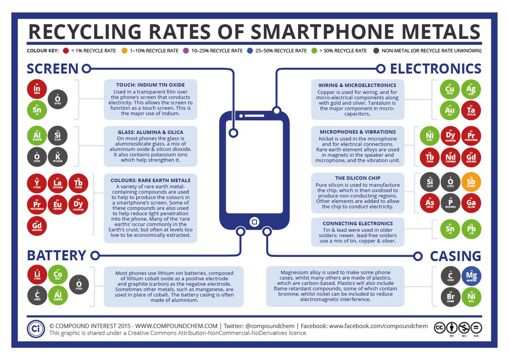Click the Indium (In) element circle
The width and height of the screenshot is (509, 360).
(x=36, y=90)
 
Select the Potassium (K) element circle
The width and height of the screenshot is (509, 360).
(x=57, y=157)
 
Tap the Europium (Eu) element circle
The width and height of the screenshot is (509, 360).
(x=57, y=205)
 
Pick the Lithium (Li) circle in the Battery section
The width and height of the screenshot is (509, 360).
(x=36, y=274)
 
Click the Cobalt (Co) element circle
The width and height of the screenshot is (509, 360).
(x=57, y=274)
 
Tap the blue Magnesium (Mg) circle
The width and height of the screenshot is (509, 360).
(x=471, y=276)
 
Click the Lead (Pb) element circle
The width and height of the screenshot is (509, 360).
(x=471, y=230)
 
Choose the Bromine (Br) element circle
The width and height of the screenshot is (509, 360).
(x=450, y=297)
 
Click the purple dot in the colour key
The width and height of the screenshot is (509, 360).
(x=185, y=51)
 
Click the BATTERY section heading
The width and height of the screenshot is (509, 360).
(x=57, y=255)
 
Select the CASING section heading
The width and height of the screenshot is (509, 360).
(x=456, y=256)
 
